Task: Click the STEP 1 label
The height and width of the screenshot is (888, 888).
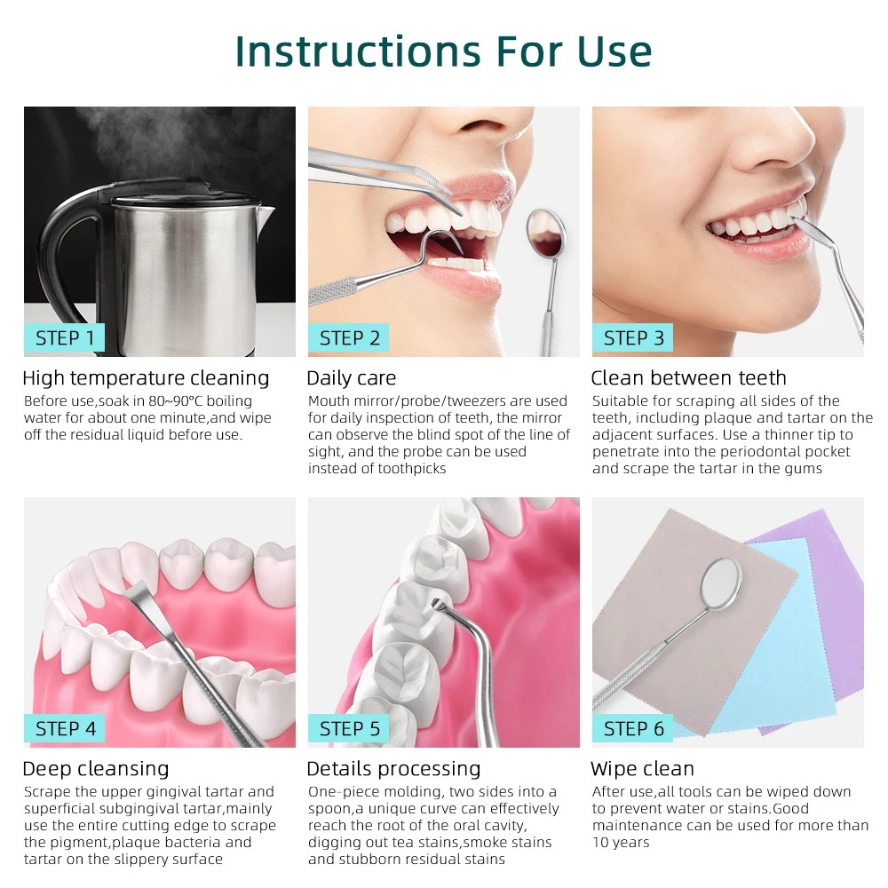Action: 65,337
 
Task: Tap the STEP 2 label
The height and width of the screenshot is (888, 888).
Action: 349,337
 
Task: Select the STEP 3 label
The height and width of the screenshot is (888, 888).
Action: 633,337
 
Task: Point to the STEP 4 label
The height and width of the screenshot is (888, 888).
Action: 65,728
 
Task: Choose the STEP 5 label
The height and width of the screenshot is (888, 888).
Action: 349,728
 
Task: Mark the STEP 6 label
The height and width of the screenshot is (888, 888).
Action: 633,728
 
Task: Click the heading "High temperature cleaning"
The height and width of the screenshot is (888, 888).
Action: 147,377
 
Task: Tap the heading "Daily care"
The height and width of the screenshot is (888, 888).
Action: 351,377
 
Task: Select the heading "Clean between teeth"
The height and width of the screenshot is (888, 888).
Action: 689,377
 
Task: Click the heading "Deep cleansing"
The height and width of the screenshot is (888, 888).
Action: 96,768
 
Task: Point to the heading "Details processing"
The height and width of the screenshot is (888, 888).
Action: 393,768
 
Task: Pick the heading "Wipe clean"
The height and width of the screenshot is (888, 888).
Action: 642,768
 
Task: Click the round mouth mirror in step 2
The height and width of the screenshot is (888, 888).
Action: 545,234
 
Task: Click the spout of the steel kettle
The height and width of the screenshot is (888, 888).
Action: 265,215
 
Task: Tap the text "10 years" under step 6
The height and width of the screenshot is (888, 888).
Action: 621,842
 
